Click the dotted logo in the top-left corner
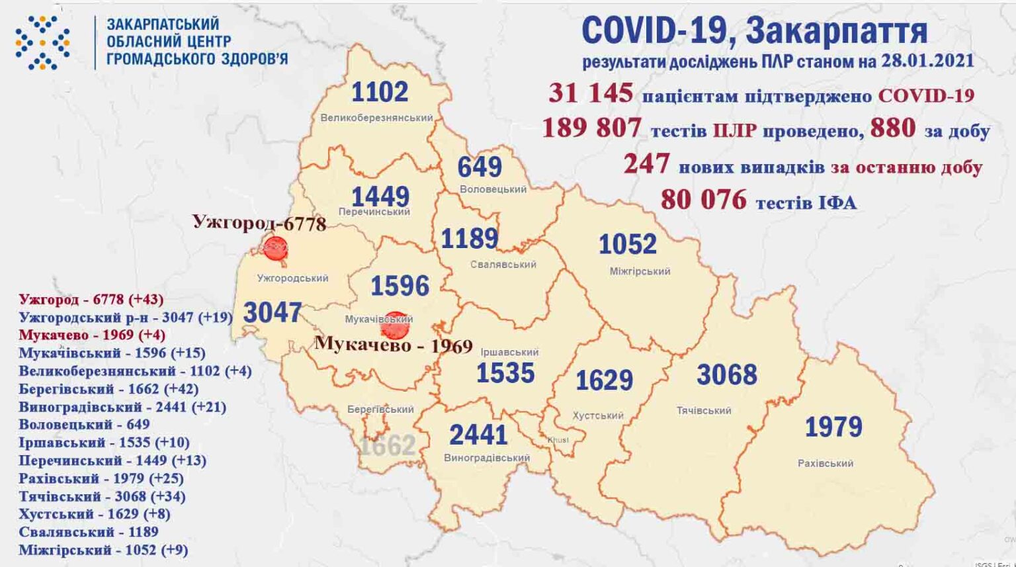[x=42, y=43]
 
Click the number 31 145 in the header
[x=590, y=93]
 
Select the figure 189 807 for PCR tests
[x=591, y=128]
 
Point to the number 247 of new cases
[x=646, y=163]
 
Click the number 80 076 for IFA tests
[x=703, y=199]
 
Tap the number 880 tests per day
[x=892, y=128]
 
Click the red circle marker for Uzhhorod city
[x=275, y=248]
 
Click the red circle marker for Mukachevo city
[x=396, y=324]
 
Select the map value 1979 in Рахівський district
[x=833, y=427]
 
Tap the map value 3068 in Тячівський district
[x=726, y=375]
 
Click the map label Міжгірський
[x=639, y=271]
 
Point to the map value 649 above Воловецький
[x=480, y=167]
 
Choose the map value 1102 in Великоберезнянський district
[x=379, y=92]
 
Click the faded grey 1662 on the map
[x=387, y=445]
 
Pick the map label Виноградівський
[x=487, y=458]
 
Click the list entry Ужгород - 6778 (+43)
[x=91, y=300]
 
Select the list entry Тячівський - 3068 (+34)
[x=102, y=496]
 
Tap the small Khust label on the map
[x=557, y=440]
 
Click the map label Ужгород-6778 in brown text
[x=259, y=222]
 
